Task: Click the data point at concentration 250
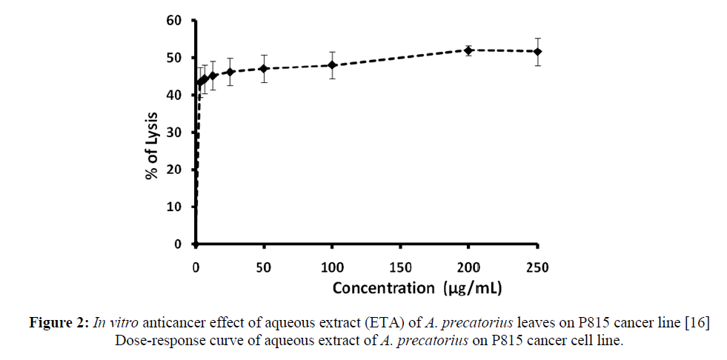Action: click(x=538, y=51)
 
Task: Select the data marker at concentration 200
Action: click(x=469, y=50)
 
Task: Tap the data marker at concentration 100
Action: click(x=333, y=65)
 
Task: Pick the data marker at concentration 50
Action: click(x=264, y=68)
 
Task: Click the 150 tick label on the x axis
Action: click(x=401, y=267)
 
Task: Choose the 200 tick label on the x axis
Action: click(x=469, y=267)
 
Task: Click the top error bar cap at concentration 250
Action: click(x=538, y=38)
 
